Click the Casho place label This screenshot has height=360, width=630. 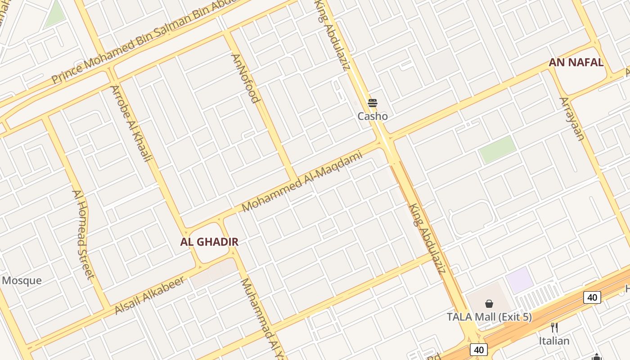click(x=373, y=116)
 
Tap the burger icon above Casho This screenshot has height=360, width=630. click(x=373, y=103)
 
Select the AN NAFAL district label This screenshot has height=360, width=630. click(x=576, y=63)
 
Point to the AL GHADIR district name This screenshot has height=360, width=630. click(x=209, y=242)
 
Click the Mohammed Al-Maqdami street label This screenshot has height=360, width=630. click(x=302, y=182)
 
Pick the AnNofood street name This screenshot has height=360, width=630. click(x=246, y=78)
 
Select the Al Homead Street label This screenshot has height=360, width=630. click(x=83, y=234)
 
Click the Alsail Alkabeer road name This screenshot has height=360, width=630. click(x=149, y=295)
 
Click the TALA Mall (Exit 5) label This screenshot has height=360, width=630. click(x=489, y=317)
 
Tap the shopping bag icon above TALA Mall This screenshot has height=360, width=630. click(x=489, y=304)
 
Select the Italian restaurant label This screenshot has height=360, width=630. click(x=554, y=341)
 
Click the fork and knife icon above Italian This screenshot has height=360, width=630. click(x=554, y=328)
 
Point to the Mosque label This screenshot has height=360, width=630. click(x=22, y=281)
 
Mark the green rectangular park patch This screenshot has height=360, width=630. click(x=497, y=149)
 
